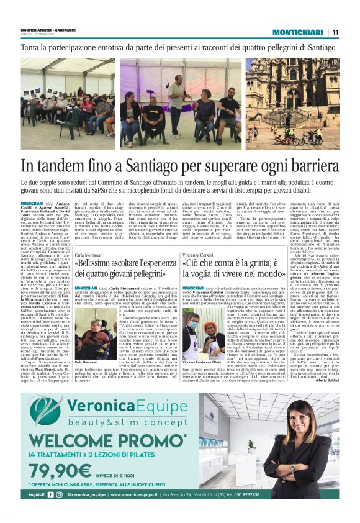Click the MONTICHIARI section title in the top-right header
pyautogui.click(x=299, y=32)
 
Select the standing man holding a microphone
pyautogui.click(x=177, y=99)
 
